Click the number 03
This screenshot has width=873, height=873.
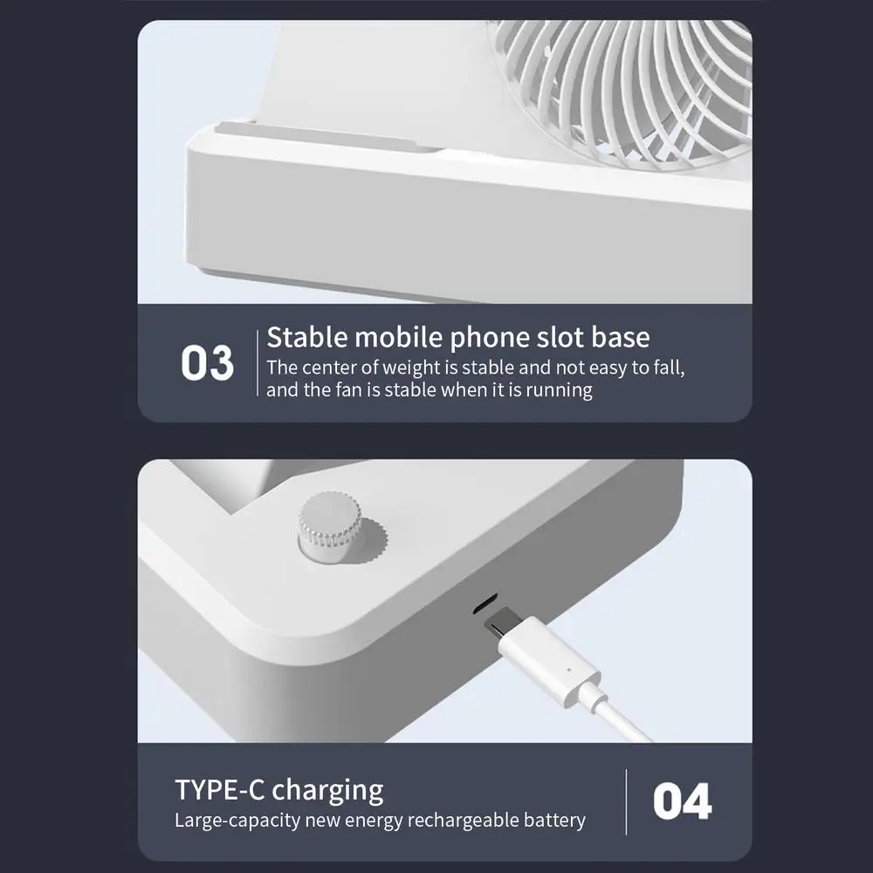coord(207,363)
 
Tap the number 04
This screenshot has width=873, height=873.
coord(682,801)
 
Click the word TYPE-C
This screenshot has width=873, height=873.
coord(220,789)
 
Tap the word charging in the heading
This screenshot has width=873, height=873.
coord(327,792)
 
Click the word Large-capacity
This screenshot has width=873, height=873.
coord(237,821)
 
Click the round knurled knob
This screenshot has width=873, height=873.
coord(331,525)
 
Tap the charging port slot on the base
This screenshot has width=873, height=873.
coord(485,604)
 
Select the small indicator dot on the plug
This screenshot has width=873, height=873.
coord(568,670)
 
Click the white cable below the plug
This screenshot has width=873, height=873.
coord(618,717)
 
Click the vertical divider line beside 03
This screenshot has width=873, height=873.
coord(258,363)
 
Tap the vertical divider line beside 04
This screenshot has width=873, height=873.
coord(626,801)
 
